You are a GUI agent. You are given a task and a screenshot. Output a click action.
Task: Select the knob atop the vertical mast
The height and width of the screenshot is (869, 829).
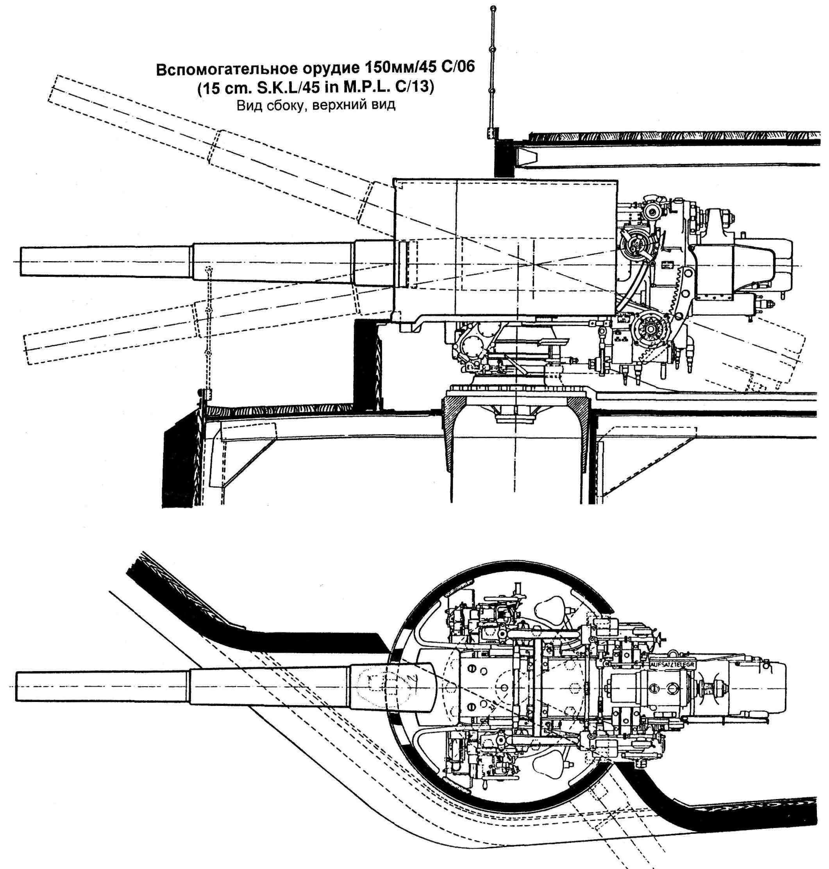click(493, 8)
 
